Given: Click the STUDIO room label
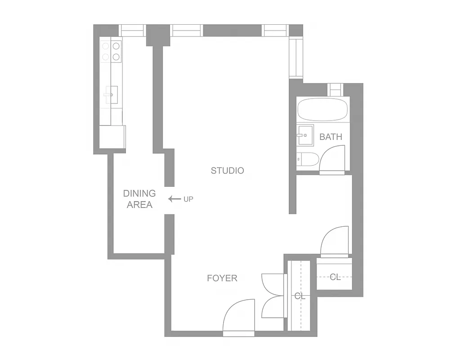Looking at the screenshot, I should point(227,171).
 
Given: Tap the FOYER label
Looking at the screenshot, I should point(222,278).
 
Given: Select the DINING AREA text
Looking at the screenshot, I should point(139,199).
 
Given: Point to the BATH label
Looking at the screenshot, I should point(331,137).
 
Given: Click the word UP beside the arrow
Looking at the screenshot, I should point(188,199).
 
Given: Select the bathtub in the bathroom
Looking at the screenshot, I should point(323,109).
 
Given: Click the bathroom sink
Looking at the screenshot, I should point(305,135).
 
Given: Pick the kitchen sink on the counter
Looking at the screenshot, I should point(111,94).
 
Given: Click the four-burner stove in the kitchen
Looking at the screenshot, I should point(111,51).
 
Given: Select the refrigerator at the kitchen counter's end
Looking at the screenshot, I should point(112,136).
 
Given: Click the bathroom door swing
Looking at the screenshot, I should point(333,159).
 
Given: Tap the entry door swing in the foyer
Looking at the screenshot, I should point(239,317).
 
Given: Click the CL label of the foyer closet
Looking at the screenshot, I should point(300,296).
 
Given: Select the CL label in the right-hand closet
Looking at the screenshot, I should point(335,277).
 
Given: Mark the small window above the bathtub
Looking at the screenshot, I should point(335,89).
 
